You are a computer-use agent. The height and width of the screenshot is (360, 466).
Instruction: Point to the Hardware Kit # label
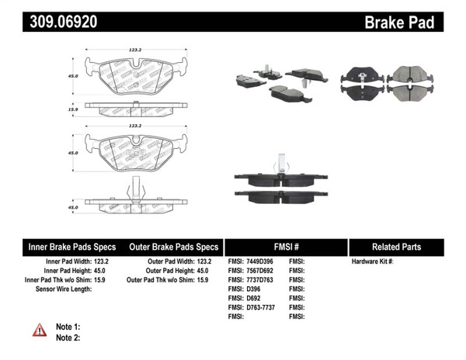coord(373,262)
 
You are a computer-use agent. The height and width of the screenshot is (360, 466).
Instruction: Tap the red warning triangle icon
coord(40,331)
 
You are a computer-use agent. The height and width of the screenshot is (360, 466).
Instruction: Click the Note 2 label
coord(68,337)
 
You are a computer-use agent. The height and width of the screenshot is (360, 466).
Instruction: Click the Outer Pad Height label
coord(161,271)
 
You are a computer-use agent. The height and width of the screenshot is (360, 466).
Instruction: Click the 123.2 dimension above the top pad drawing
coord(135,50)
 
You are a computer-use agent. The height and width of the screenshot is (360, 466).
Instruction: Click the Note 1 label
coord(68,327)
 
